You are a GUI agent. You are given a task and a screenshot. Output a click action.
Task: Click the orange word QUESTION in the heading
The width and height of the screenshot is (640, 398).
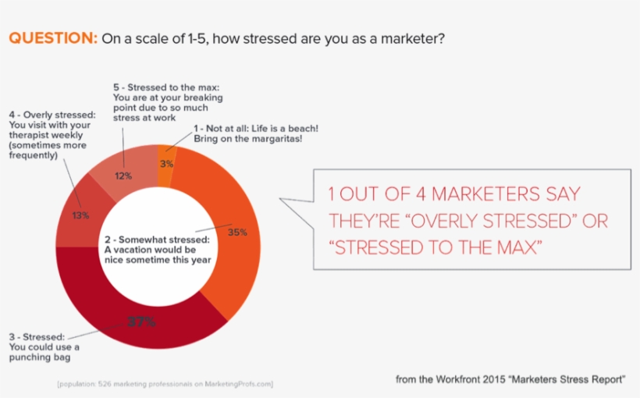[x=52, y=37]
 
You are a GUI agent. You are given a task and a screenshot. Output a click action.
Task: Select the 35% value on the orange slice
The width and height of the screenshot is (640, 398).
[x=237, y=232]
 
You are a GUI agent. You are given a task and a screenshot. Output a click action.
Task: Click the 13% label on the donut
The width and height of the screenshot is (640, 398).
[x=80, y=215]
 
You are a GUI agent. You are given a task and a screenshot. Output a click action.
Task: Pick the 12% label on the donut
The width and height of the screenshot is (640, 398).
[x=123, y=176]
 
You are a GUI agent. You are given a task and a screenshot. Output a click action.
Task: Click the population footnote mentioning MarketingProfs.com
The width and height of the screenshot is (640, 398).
[x=165, y=383]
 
